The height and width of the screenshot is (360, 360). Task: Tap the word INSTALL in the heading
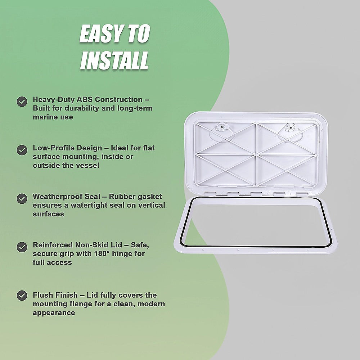click(114, 60)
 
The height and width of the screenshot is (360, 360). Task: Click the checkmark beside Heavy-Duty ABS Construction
click(22, 102)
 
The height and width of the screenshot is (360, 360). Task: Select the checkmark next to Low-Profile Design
click(22, 150)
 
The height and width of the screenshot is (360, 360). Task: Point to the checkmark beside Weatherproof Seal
click(22, 198)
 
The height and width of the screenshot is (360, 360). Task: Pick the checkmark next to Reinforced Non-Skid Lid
click(22, 247)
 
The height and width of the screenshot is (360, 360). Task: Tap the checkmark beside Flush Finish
click(22, 296)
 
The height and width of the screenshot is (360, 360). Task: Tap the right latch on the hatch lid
click(290, 127)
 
